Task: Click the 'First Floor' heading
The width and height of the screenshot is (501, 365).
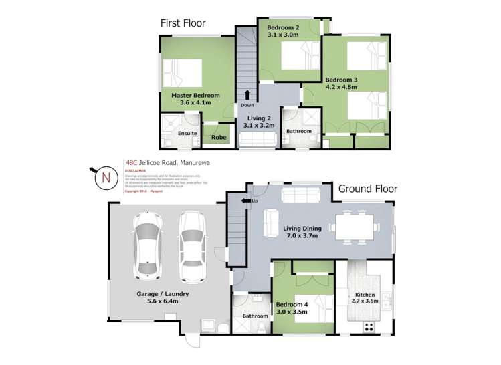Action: click(x=182, y=24)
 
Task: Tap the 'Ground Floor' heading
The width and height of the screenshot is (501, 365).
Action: click(x=367, y=189)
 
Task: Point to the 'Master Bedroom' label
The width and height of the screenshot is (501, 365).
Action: click(x=191, y=96)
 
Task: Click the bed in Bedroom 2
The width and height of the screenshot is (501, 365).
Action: click(x=300, y=54)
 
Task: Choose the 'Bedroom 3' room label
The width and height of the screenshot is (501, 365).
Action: click(x=341, y=80)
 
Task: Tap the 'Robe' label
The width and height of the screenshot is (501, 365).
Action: click(x=218, y=138)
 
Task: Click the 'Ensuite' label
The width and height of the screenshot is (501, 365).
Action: click(x=187, y=133)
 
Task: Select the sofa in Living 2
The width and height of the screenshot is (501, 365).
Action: click(x=258, y=139)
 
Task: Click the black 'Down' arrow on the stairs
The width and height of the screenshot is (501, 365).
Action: click(x=247, y=94)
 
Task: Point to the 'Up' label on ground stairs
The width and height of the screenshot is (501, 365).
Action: click(x=254, y=201)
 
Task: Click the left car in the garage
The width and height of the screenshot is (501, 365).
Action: click(x=147, y=245)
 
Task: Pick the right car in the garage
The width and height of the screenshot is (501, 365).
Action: click(x=192, y=245)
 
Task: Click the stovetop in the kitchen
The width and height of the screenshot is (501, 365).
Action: click(x=367, y=327)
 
